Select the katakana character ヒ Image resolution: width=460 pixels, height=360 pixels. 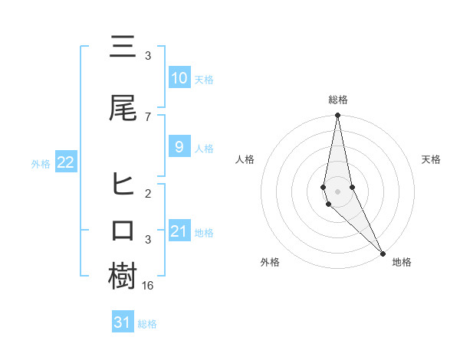[x=123, y=184]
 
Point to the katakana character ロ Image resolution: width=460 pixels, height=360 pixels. [x=123, y=231]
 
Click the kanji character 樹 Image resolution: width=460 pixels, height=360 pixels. [x=123, y=277]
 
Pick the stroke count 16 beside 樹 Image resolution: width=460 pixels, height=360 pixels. [x=149, y=285]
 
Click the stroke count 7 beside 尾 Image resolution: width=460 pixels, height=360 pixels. [x=147, y=116]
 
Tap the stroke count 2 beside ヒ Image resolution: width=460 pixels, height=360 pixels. [x=147, y=193]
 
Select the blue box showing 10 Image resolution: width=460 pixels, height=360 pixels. [x=179, y=77]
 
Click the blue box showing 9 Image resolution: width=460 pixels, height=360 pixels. [x=179, y=147]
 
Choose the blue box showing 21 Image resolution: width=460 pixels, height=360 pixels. [x=179, y=231]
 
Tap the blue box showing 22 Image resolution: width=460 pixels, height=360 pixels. [x=65, y=162]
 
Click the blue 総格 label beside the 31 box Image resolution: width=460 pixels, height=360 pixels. [x=147, y=324]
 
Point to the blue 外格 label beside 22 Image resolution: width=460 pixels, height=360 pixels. [x=41, y=163]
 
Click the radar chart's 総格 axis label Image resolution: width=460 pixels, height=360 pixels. [x=337, y=100]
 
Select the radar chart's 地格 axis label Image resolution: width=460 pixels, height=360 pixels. [x=402, y=262]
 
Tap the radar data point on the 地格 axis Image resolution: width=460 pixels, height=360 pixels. [x=383, y=253]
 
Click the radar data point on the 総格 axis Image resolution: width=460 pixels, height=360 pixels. [x=337, y=116]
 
